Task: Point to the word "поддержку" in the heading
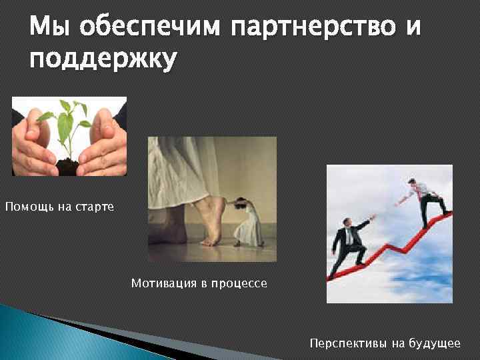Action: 103,59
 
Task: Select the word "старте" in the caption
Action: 97,207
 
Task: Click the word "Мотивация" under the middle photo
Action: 163,283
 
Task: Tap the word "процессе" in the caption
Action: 239,283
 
